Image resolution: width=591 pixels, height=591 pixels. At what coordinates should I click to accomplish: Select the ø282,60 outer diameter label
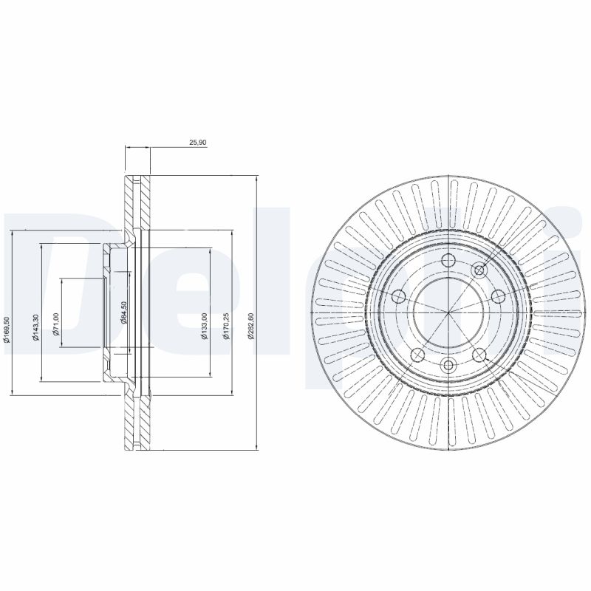pyautogui.click(x=252, y=326)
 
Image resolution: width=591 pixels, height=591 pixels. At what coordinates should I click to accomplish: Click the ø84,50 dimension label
pyautogui.click(x=124, y=312)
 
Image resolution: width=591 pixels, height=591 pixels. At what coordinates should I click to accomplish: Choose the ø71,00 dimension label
pyautogui.click(x=55, y=323)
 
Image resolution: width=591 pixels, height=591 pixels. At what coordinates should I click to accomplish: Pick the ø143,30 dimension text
pyautogui.click(x=35, y=326)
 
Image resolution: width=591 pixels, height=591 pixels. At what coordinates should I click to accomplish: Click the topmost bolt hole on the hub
pyautogui.click(x=448, y=260)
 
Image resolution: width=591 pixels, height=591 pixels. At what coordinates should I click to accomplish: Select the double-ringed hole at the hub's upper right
pyautogui.click(x=479, y=270)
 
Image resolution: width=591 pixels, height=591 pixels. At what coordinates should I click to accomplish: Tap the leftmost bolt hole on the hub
pyautogui.click(x=399, y=296)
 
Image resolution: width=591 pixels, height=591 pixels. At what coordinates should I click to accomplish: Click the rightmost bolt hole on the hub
pyautogui.click(x=497, y=296)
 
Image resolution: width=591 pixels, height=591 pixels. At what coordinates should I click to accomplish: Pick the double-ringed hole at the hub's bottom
pyautogui.click(x=448, y=364)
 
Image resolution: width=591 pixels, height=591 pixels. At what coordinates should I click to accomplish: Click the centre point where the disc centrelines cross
pyautogui.click(x=448, y=312)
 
